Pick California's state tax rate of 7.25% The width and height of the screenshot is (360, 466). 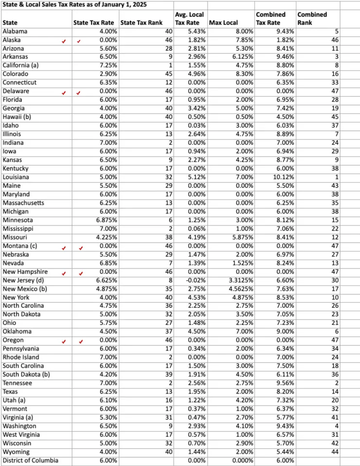(106, 66)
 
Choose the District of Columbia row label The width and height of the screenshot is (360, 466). (30, 460)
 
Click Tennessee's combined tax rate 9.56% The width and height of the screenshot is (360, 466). (283, 383)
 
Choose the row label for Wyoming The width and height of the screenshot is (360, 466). (15, 451)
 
